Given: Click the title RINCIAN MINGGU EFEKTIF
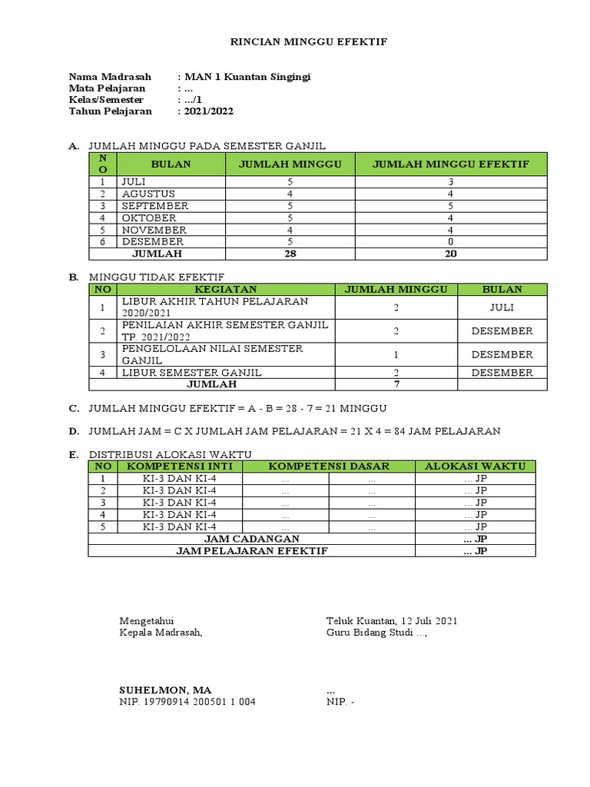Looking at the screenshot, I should point(300,42).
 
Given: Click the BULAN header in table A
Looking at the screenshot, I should point(171,164).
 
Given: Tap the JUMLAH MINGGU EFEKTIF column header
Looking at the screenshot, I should point(451,164).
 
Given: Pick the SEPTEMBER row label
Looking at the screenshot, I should point(154,206).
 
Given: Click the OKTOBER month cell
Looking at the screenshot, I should point(148,218).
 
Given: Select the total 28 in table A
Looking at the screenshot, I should point(290,254).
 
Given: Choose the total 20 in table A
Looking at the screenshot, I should point(451,254).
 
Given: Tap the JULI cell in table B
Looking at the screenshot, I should point(502,307).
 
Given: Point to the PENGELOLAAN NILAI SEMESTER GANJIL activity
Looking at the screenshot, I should point(212,354).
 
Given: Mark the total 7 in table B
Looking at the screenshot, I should point(396,384).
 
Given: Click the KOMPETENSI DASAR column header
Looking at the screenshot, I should point(329,466).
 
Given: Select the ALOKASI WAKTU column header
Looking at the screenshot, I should point(475,466).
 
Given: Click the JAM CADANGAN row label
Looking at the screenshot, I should point(251,539).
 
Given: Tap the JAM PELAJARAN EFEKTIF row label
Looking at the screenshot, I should point(251,551).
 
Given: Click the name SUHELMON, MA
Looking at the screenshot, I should point(165,690).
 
